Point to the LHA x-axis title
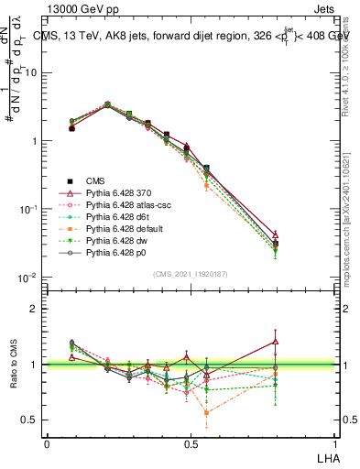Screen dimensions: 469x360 click(327, 455)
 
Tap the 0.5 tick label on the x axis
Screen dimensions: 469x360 click(191, 442)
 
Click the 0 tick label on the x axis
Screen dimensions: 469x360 click(48, 442)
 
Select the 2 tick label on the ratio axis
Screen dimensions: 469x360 click(33, 309)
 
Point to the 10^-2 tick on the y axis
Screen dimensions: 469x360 click(27, 277)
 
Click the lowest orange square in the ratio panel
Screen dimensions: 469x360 click(206, 412)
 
